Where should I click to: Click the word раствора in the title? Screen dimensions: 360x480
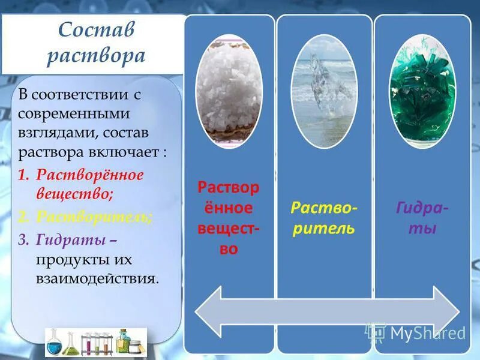(97, 55)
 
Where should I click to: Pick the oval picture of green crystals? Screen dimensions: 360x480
(422, 91)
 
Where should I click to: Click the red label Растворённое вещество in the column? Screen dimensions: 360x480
(229, 218)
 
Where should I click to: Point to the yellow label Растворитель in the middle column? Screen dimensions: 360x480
(323, 218)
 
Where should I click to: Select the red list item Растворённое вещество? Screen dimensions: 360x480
(89, 184)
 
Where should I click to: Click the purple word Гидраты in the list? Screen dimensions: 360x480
(71, 239)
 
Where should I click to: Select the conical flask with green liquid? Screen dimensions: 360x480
(70, 344)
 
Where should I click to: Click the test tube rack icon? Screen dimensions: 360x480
(97, 344)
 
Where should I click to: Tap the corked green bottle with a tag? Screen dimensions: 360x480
(124, 342)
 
